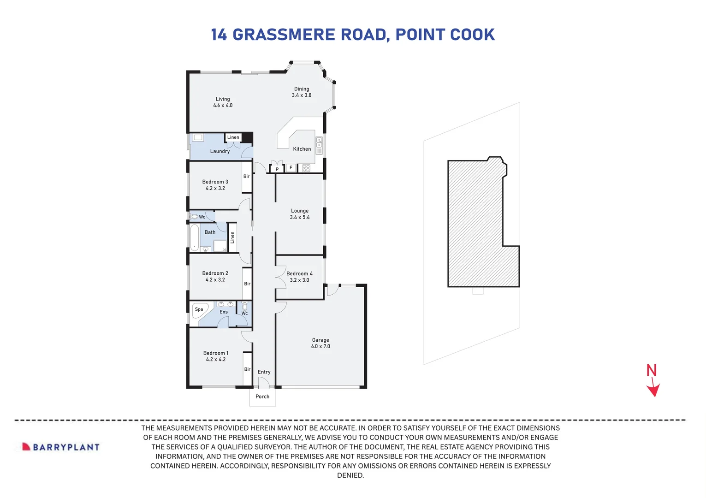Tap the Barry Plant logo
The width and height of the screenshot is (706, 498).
61,447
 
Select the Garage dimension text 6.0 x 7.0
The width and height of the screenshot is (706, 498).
320,346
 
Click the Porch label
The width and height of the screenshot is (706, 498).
262,397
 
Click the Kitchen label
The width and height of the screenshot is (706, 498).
302,149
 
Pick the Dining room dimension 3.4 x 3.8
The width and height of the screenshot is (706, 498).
302,95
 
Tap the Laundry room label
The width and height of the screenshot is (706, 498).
220,151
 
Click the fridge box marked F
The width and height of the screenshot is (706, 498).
291,168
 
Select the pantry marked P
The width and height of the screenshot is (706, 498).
277,169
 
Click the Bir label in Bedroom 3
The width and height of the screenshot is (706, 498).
246,177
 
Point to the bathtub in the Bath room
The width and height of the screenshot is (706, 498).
195,237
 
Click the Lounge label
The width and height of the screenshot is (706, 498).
300,211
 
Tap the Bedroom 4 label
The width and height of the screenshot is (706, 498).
299,273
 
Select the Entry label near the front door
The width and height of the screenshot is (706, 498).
264,372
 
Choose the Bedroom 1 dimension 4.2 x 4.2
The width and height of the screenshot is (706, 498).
216,360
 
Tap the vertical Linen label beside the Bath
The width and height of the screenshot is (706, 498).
232,237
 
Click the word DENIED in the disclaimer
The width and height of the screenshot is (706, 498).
350,475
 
